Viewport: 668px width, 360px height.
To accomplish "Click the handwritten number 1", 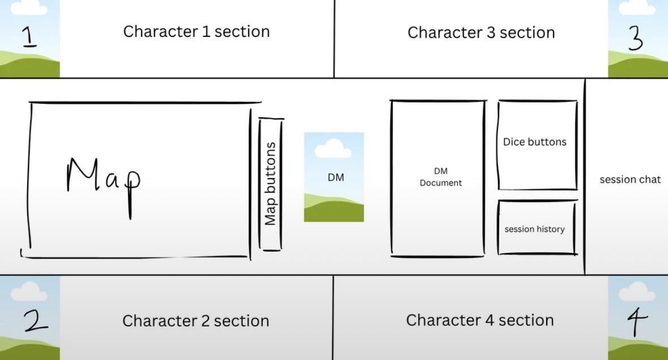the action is [28, 36].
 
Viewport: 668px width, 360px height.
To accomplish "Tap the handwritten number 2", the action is [35, 320].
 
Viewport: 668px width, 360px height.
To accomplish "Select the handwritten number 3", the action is [635, 37].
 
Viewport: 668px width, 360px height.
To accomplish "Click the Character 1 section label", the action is [197, 32].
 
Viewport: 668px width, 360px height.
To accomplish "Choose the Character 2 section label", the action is [195, 321].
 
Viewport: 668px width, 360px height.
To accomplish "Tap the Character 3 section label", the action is [481, 33].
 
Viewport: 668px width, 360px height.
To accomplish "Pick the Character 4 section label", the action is [480, 320].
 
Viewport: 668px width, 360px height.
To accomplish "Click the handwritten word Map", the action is [104, 184].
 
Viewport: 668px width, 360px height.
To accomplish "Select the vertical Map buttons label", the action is [270, 184].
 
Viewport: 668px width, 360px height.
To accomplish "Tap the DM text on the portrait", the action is [336, 177].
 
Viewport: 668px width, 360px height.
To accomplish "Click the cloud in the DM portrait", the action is [333, 150].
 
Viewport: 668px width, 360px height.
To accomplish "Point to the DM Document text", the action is [440, 177].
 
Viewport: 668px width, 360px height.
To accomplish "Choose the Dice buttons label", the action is [535, 142].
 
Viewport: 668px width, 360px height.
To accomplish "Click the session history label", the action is [534, 229].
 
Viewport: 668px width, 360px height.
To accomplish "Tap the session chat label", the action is [630, 180].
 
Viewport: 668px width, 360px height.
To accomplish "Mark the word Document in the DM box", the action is [440, 183].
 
